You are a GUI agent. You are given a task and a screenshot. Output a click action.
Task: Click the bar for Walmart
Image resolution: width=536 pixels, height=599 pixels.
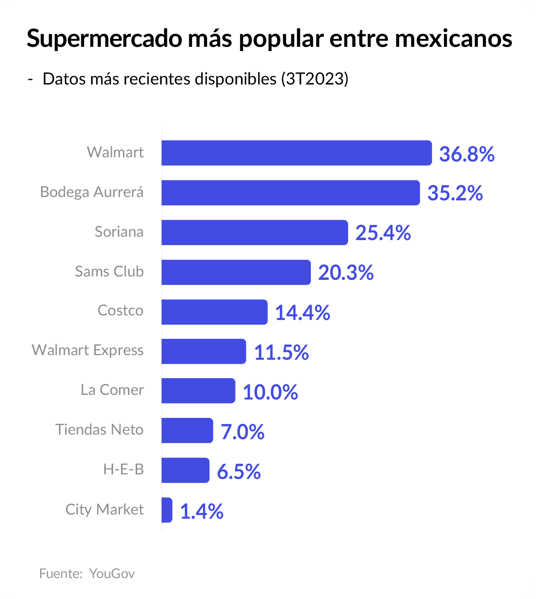(296, 153)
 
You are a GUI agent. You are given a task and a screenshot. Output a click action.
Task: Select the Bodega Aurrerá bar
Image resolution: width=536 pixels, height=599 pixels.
(290, 193)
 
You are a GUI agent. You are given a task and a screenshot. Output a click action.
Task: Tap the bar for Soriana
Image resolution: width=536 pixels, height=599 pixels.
(254, 233)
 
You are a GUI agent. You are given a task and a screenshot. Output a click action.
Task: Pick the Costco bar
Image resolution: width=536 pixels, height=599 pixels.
(214, 312)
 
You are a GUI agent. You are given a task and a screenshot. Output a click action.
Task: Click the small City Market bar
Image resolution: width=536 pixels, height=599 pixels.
(167, 510)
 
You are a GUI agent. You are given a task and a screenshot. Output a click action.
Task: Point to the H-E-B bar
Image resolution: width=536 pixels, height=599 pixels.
(185, 470)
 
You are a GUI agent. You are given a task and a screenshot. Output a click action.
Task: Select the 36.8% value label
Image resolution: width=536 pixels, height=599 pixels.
(467, 154)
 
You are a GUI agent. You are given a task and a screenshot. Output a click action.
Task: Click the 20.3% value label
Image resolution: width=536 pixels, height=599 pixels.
(346, 273)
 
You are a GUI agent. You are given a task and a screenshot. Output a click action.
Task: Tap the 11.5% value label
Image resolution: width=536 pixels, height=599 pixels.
(281, 352)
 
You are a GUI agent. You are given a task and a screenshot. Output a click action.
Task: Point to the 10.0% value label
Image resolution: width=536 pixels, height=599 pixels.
(270, 392)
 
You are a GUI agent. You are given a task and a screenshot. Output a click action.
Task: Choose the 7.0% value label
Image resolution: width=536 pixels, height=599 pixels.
(242, 432)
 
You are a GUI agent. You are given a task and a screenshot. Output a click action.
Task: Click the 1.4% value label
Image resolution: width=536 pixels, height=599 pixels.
(202, 511)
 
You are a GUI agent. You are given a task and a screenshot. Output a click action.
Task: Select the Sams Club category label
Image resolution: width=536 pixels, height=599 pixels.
(109, 271)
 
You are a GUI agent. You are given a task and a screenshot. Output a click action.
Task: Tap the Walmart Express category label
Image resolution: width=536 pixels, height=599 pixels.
(87, 350)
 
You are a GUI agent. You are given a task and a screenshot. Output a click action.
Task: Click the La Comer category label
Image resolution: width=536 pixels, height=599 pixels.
(112, 390)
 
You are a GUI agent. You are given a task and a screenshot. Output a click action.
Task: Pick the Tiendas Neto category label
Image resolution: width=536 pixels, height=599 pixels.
(100, 430)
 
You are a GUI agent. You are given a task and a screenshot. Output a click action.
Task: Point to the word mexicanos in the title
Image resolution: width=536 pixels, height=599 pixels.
(454, 38)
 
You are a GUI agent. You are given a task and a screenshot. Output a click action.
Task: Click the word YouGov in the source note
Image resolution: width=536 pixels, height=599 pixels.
(112, 573)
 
